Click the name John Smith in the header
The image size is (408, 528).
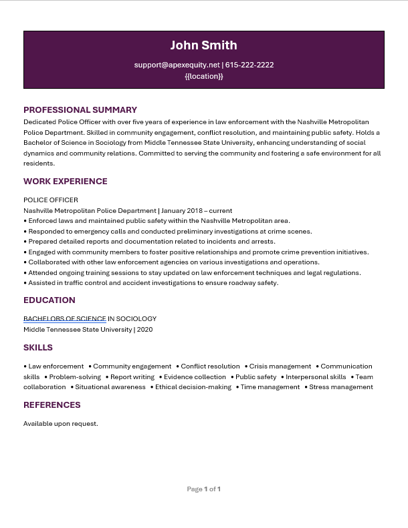click(x=203, y=45)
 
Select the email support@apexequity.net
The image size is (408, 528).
click(x=177, y=65)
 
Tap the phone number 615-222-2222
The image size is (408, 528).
click(x=249, y=65)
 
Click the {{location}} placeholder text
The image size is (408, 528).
click(x=204, y=76)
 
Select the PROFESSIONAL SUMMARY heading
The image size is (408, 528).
click(x=80, y=110)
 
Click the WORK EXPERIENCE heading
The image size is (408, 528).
click(x=66, y=182)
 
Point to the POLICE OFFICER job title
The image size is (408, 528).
click(x=51, y=200)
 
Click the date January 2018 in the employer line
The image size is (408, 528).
click(x=182, y=211)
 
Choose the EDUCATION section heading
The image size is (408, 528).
click(x=49, y=300)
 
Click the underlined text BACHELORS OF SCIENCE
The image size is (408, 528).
click(x=65, y=319)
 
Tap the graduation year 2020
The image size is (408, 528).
click(x=144, y=330)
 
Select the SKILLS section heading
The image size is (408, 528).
click(x=38, y=348)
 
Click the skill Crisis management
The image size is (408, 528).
click(x=280, y=366)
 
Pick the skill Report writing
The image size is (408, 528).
click(x=132, y=377)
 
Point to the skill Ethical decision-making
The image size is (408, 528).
click(x=193, y=387)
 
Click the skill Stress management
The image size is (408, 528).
click(x=341, y=387)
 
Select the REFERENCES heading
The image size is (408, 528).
click(x=52, y=405)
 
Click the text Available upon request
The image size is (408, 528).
click(x=61, y=424)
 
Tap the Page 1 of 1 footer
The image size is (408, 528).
click(x=204, y=489)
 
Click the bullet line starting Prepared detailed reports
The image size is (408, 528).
click(x=151, y=242)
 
